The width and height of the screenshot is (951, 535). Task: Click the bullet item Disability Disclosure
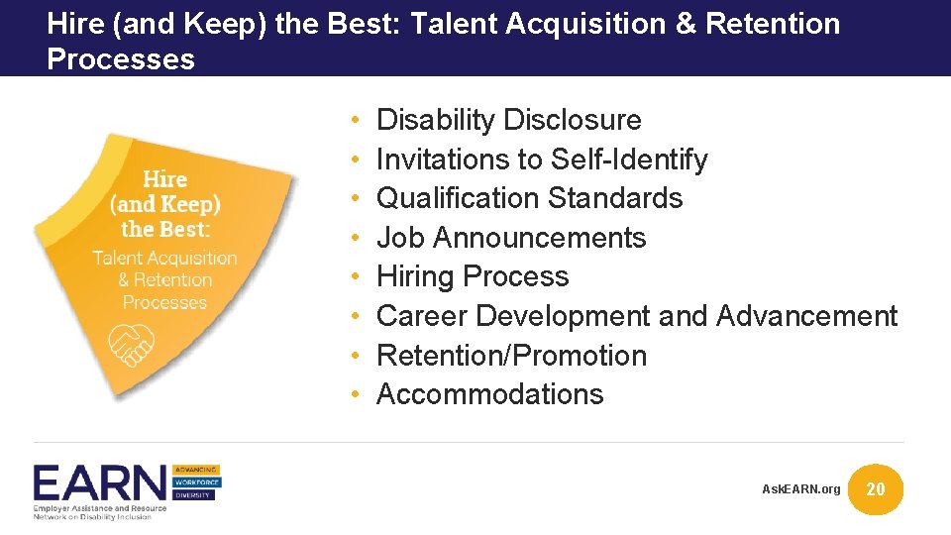(x=509, y=120)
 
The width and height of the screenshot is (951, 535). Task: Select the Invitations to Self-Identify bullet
(x=542, y=160)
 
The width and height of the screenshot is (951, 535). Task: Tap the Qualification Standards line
(x=530, y=198)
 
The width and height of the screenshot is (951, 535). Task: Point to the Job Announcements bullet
(x=511, y=238)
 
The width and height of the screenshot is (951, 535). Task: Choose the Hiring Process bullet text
(x=473, y=276)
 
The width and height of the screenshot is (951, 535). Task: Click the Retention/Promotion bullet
(x=511, y=355)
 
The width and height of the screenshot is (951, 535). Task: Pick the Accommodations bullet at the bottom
(x=489, y=394)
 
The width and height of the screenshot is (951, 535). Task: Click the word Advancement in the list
(x=806, y=316)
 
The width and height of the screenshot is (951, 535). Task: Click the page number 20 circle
(x=876, y=488)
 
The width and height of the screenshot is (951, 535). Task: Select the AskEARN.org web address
(x=800, y=489)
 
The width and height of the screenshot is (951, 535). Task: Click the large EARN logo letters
(x=100, y=484)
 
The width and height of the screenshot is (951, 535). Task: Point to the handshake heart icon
(x=131, y=341)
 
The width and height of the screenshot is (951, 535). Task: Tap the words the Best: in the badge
(x=165, y=229)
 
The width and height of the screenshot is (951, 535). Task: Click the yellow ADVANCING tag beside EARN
(x=196, y=469)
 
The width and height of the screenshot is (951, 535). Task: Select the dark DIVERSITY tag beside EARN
(x=196, y=494)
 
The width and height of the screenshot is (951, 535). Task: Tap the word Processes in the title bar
(x=121, y=58)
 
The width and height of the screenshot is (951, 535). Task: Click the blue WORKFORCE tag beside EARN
(x=196, y=481)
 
